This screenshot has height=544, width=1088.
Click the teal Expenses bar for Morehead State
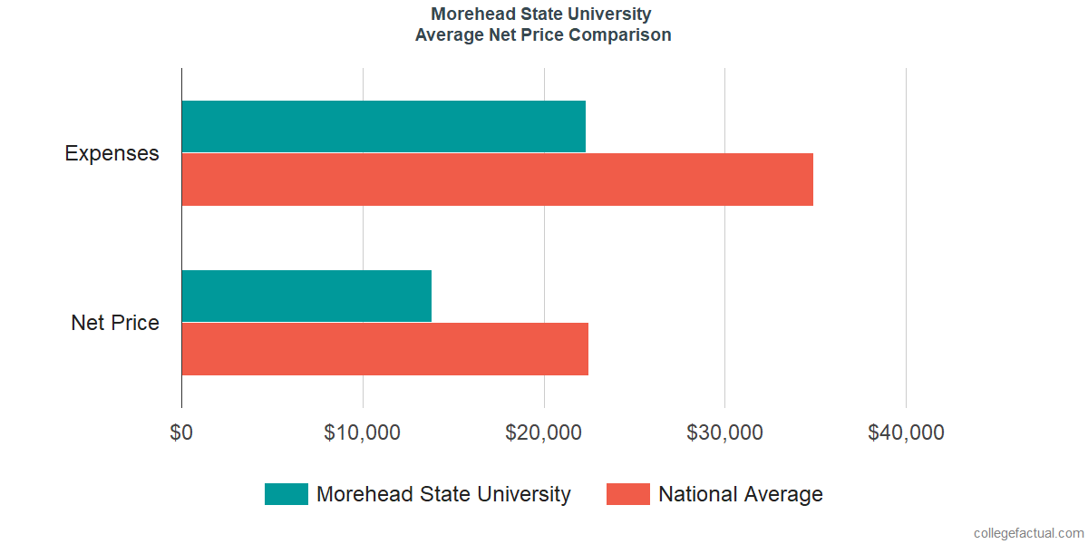[384, 126]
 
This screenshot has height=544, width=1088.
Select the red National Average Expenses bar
[497, 180]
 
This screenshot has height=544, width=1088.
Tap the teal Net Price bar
[306, 296]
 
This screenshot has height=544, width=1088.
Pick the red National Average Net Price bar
[384, 349]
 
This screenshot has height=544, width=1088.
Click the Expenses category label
[112, 153]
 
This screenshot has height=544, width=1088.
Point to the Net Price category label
[115, 323]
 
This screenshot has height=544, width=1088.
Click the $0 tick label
[181, 433]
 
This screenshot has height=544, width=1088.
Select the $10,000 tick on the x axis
[362, 433]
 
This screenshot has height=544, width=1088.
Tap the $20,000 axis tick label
[543, 433]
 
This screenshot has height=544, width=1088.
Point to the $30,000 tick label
[724, 433]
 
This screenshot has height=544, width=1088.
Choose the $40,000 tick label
[906, 433]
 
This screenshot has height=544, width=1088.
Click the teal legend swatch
[286, 494]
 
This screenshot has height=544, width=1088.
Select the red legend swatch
[627, 494]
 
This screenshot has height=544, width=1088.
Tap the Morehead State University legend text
[443, 494]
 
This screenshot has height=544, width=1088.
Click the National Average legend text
[740, 494]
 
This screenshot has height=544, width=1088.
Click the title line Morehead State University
[541, 15]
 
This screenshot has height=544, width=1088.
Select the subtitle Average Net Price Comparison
[543, 35]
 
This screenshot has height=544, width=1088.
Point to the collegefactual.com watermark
[1028, 533]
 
